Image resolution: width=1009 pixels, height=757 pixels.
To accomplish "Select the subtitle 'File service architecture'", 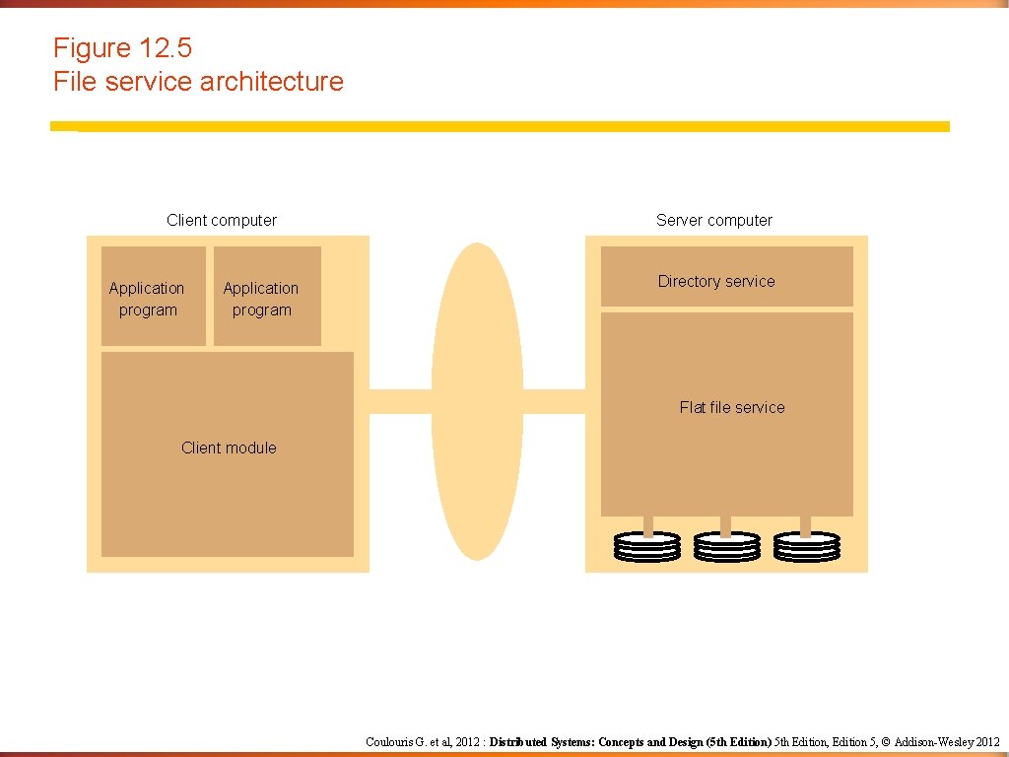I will point(198,82).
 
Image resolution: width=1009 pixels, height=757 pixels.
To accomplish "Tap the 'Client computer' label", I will point(222,221).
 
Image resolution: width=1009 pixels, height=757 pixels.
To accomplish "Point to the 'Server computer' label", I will point(714,221).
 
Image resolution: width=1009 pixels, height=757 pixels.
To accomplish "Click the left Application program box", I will point(153,297).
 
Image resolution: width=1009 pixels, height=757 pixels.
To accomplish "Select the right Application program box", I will point(267,297).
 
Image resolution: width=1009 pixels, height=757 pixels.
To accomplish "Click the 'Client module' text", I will point(229,447).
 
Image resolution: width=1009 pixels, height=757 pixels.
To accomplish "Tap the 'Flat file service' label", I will point(732,407).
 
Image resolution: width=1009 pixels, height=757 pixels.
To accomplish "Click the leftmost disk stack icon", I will point(646,547).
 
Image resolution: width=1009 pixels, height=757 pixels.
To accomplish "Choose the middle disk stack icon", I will point(726,547).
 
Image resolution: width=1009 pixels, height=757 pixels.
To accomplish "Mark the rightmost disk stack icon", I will point(807,547).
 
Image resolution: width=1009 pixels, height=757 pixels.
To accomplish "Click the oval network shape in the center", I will point(477,401).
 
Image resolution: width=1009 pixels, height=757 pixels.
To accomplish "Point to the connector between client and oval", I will point(400,401).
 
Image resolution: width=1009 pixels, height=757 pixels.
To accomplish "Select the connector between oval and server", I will point(554,401).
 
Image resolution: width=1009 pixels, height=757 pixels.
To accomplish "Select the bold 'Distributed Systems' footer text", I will point(543,742).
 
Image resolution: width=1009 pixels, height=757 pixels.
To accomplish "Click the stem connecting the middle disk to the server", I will point(726,524).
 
